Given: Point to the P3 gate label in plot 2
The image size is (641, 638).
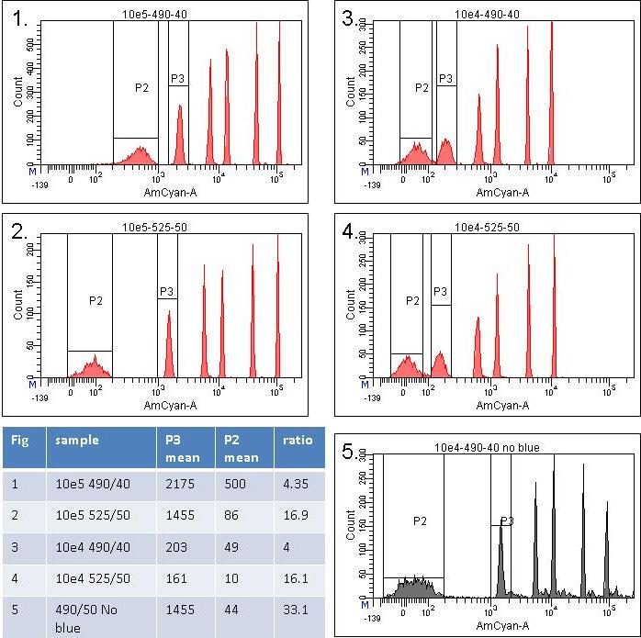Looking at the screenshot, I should (166, 292).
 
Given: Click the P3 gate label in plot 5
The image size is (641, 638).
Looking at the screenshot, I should (506, 520).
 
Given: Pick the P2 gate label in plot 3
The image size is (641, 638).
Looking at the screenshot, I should (422, 87).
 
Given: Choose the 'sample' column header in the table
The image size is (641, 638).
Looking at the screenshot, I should (76, 440).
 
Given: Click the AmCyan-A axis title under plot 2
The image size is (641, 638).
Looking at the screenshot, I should (168, 405).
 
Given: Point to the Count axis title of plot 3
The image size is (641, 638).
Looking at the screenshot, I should (350, 92).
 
